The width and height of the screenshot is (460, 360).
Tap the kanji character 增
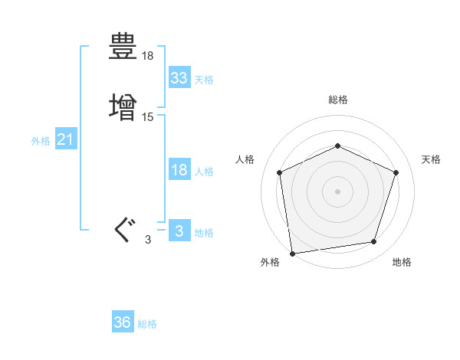pos(123,106)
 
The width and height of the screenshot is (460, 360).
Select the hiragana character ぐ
pos(123,229)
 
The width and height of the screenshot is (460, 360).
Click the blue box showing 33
pos(179,77)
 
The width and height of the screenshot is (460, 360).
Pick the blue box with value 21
pos(66,140)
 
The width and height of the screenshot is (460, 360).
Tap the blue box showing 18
pos(179,170)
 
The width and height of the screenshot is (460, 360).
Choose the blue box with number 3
pos(179,231)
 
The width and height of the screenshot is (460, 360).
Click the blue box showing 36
pos(123,322)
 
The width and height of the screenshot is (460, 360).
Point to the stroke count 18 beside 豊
pos(148,56)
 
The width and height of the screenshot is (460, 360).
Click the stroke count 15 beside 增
pos(148,117)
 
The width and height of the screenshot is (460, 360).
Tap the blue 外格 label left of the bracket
pos(41,141)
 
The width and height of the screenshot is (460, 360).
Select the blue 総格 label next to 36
pos(147,324)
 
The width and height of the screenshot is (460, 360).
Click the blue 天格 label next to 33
pos(204,79)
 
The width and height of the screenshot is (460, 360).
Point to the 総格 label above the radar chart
pos(337,100)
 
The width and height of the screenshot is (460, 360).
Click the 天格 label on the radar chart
pos(431,159)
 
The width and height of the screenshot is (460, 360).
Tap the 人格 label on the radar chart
pos(245,159)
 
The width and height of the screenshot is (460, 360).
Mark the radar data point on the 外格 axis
pos(292,253)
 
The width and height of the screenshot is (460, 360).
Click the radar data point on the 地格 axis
pos(374,242)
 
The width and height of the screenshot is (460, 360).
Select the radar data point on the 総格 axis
pos(337,145)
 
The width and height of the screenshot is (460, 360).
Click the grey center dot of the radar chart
pos(337,191)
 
